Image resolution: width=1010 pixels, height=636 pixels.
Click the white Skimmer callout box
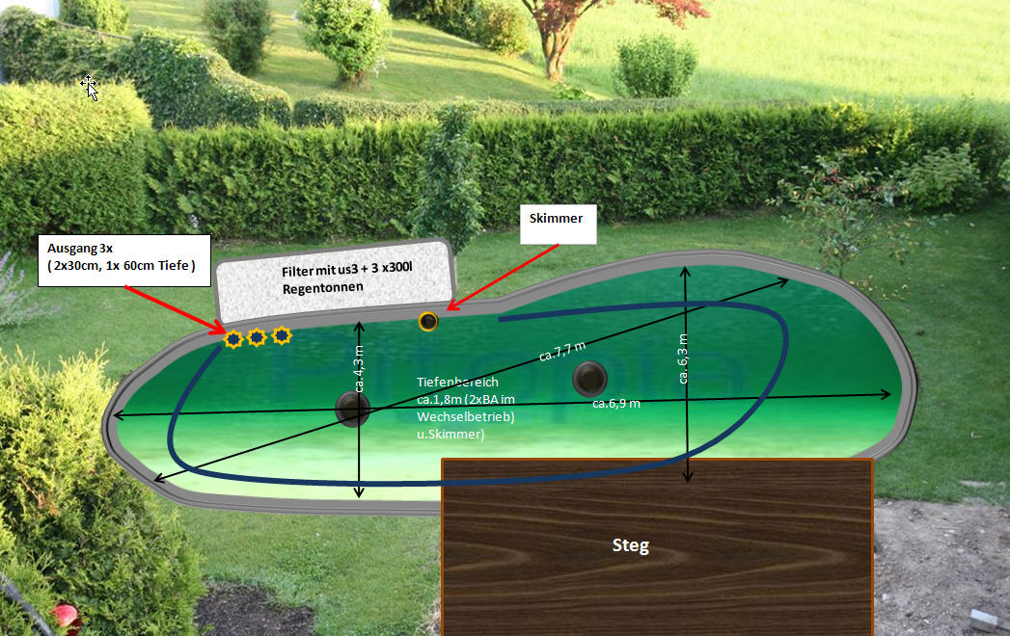(557, 224)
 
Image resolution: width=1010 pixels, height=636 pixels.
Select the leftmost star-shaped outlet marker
(232, 338)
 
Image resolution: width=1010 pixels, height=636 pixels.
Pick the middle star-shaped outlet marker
(257, 337)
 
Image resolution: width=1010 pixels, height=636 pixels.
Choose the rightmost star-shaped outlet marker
(281, 335)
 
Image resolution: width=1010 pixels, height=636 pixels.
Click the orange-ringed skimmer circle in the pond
(428, 321)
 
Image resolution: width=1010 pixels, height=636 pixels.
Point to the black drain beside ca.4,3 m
(351, 409)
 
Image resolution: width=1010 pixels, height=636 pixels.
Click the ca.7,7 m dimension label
(561, 350)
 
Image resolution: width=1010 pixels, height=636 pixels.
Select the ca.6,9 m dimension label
(615, 404)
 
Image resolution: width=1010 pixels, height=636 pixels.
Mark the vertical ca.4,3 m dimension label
(359, 368)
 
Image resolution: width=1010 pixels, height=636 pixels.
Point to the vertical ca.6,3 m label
(684, 358)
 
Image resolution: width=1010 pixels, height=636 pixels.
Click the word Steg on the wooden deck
(631, 545)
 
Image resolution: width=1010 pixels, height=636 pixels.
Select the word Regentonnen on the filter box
(316, 288)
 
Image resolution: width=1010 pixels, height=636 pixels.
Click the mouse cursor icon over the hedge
(91, 87)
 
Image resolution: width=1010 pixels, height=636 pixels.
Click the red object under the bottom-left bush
(64, 614)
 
